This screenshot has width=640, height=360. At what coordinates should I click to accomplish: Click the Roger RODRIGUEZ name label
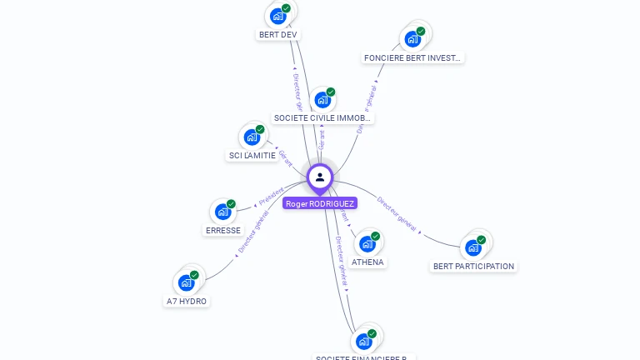tap(320, 203)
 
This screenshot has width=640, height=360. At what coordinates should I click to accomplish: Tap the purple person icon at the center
tap(320, 177)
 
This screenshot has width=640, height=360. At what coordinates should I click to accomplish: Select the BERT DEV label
tap(277, 35)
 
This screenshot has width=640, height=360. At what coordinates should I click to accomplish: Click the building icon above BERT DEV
tap(277, 15)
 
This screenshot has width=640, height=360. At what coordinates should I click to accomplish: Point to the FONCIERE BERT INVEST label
tap(412, 58)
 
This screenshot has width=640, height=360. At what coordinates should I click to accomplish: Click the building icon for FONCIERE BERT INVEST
tap(412, 38)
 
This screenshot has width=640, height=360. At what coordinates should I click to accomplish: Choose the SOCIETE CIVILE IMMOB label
tap(322, 118)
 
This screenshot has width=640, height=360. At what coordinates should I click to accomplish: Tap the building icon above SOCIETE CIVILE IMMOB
tap(322, 99)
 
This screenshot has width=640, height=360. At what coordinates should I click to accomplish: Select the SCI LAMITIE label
tap(252, 156)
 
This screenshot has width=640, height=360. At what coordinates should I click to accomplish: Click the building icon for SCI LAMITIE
tap(252, 137)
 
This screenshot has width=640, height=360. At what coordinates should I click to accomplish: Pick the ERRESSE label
tap(223, 231)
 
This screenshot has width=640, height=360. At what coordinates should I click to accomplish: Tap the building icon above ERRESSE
tap(223, 211)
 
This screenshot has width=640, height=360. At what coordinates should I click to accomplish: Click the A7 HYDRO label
tap(187, 302)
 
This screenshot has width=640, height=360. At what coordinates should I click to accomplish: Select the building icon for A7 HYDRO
tap(187, 282)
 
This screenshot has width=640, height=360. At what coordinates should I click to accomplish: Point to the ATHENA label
tap(367, 262)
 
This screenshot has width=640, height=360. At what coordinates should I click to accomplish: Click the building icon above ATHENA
tap(367, 243)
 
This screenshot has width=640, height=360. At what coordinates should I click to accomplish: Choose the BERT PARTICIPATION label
tap(473, 267)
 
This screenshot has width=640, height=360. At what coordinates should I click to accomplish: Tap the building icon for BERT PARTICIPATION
tap(473, 247)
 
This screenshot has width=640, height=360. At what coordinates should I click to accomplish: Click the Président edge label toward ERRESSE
tap(271, 197)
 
